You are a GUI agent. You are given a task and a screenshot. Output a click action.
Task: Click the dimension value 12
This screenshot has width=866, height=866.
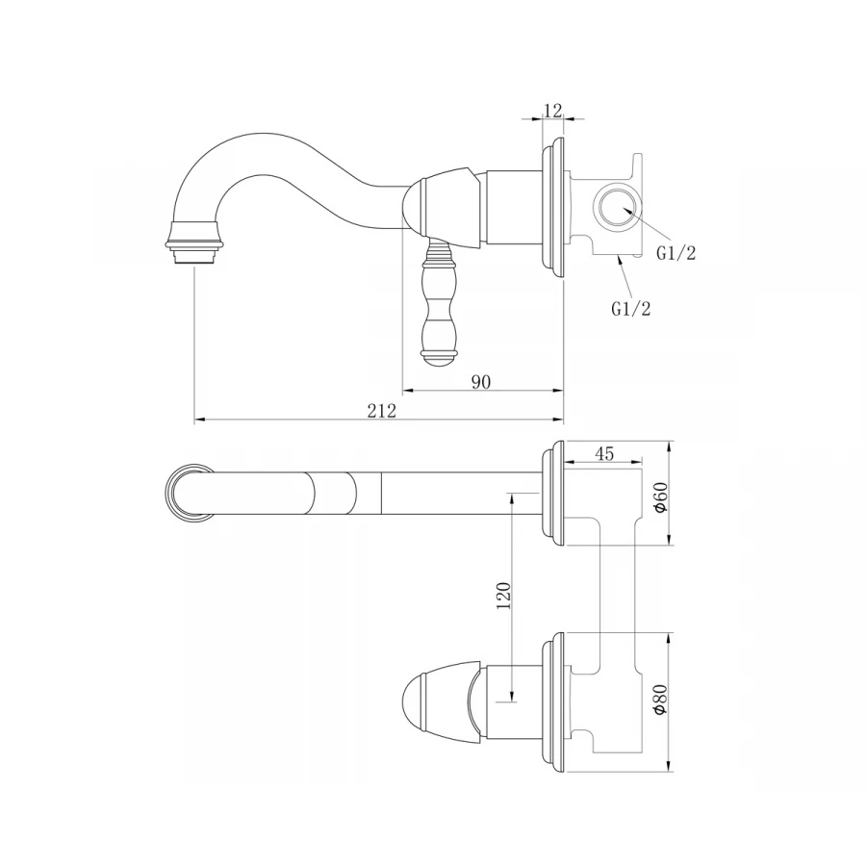pyautogui.click(x=553, y=111)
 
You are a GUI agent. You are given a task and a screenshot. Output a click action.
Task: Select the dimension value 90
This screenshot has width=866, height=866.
pyautogui.click(x=481, y=382)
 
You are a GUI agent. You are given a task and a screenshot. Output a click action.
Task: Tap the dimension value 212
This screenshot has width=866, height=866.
pyautogui.click(x=382, y=411)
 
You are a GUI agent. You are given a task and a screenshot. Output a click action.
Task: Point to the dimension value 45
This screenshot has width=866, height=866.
pyautogui.click(x=605, y=453)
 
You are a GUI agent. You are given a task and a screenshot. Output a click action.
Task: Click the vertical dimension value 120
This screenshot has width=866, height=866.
pyautogui.click(x=504, y=596)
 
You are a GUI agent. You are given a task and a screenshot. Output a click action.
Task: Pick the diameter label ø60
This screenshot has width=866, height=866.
pyautogui.click(x=660, y=497)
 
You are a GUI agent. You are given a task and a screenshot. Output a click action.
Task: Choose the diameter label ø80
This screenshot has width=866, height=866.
pyautogui.click(x=660, y=700)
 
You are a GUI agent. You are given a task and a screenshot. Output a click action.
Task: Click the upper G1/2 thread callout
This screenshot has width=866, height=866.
pyautogui.click(x=676, y=253)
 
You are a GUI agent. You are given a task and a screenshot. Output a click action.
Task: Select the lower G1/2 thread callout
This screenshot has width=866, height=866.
pyautogui.click(x=630, y=308)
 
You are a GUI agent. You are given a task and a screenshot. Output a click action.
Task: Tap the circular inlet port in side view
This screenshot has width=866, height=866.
pyautogui.click(x=617, y=208)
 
